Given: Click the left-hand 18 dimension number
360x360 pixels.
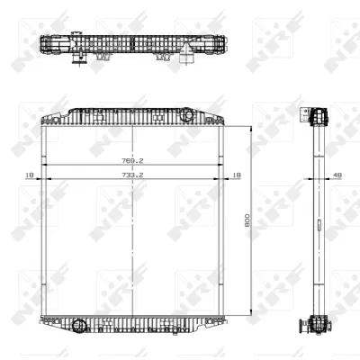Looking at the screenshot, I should (30, 177).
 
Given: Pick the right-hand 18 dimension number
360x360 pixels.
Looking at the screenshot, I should (236, 177).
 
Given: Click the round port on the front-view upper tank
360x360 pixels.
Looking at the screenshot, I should (187, 115).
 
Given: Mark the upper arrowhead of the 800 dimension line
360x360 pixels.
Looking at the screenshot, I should (252, 128).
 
